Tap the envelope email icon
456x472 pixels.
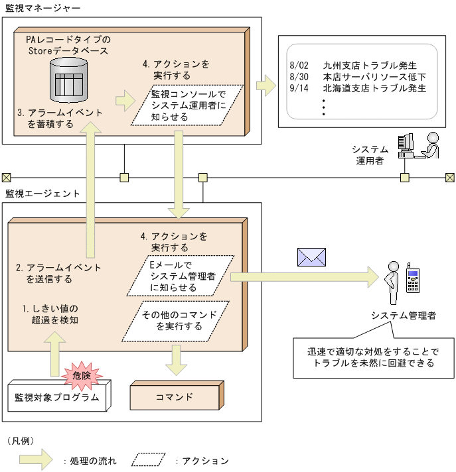pyautogui.click(x=311, y=257)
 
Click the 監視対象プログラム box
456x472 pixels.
pyautogui.click(x=57, y=398)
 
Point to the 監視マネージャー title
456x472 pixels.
pyautogui.click(x=42, y=9)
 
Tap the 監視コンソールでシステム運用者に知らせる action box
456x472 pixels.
pyautogui.click(x=188, y=105)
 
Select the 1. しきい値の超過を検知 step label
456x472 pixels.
pyautogui.click(x=50, y=315)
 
